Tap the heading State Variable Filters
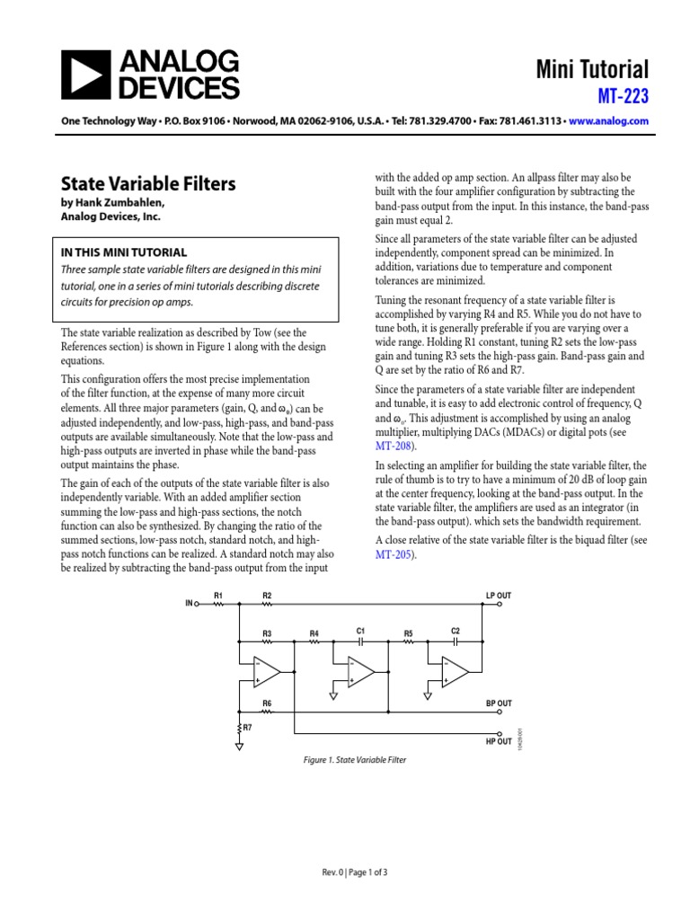[148, 184]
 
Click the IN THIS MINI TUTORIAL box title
[123, 252]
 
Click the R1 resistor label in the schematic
[217, 596]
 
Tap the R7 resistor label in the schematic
[248, 725]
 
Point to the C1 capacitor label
[359, 631]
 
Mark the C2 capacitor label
[456, 631]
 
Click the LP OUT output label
[498, 596]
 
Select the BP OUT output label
[498, 703]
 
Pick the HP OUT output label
[498, 741]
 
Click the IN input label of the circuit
[189, 604]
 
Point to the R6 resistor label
[267, 703]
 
